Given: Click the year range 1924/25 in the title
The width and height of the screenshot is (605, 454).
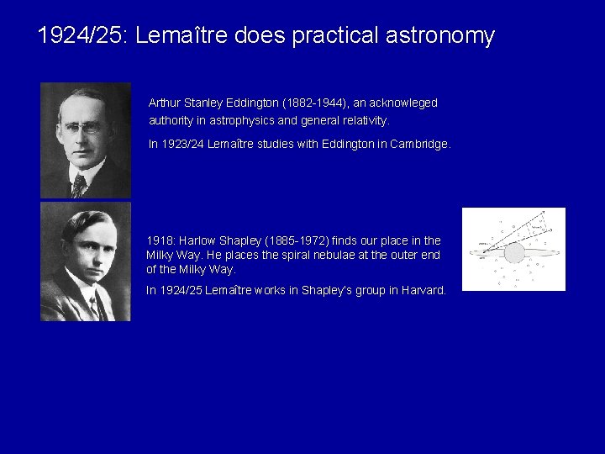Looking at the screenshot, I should pos(82,36).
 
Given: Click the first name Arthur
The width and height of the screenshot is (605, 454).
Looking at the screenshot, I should pos(165,103).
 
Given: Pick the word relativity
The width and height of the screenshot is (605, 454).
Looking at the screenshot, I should pos(363,120).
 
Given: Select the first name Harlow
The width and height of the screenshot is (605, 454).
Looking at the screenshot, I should pos(194,240).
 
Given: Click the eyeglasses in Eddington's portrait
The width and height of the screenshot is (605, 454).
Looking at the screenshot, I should pos(83,129).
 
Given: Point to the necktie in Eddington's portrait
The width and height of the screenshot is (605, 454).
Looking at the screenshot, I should pos(79,184).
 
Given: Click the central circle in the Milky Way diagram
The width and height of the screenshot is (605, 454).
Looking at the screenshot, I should pos(513,251).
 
